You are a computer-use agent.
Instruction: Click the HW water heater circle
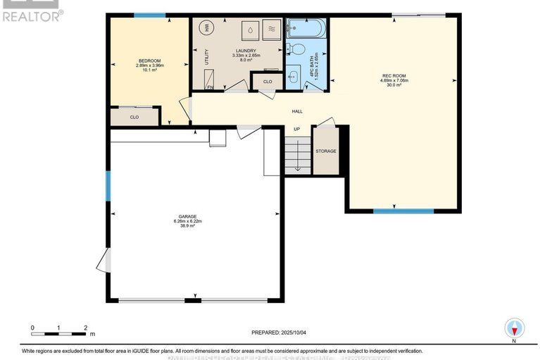click(207, 27)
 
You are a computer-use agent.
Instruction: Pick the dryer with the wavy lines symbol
click(272, 29)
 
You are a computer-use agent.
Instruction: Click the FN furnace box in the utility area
click(210, 86)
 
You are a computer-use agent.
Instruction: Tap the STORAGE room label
click(325, 151)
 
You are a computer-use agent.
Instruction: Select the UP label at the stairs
click(296, 129)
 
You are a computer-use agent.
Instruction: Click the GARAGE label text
click(187, 216)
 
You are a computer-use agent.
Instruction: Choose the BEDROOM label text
click(149, 61)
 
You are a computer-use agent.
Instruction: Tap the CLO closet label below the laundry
click(267, 82)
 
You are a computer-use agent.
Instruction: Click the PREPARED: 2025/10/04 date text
click(280, 333)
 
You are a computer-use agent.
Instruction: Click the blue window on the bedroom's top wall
click(149, 15)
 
